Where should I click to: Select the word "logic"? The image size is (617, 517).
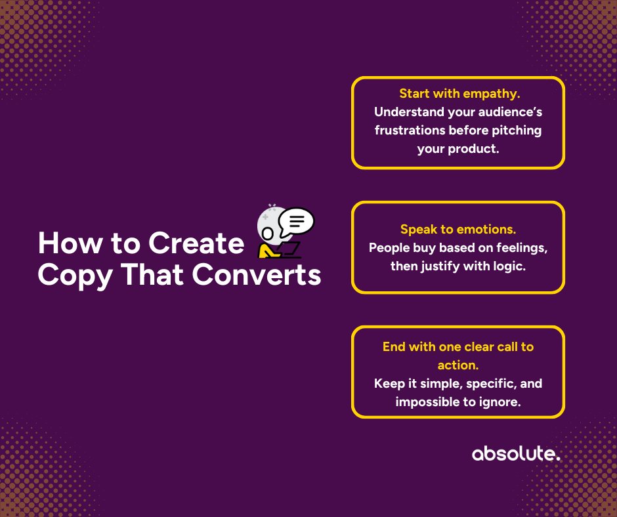(x=509, y=266)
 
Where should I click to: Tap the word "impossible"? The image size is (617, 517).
(x=426, y=402)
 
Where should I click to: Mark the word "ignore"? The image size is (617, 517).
(x=498, y=402)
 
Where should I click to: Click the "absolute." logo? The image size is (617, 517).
(x=516, y=454)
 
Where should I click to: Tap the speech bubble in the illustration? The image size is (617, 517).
(x=296, y=222)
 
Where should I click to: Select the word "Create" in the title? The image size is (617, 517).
(x=196, y=244)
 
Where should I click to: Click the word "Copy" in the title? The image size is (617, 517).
(x=70, y=276)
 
